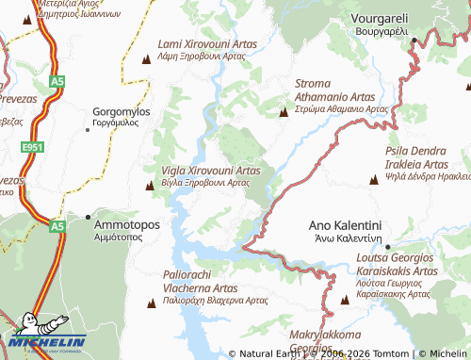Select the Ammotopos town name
coord(127,225)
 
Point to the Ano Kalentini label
coord(345,226)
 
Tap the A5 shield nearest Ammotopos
coord(57,226)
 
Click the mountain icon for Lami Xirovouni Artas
coord(146,60)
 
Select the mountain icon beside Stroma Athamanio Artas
coord(284,113)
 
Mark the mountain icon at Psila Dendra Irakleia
coord(374,179)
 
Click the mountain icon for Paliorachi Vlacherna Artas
coord(151,303)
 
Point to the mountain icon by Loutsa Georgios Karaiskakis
coord(345,300)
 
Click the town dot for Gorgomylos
coord(89,129)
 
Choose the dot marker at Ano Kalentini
coord(388,248)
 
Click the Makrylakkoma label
coord(325,335)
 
